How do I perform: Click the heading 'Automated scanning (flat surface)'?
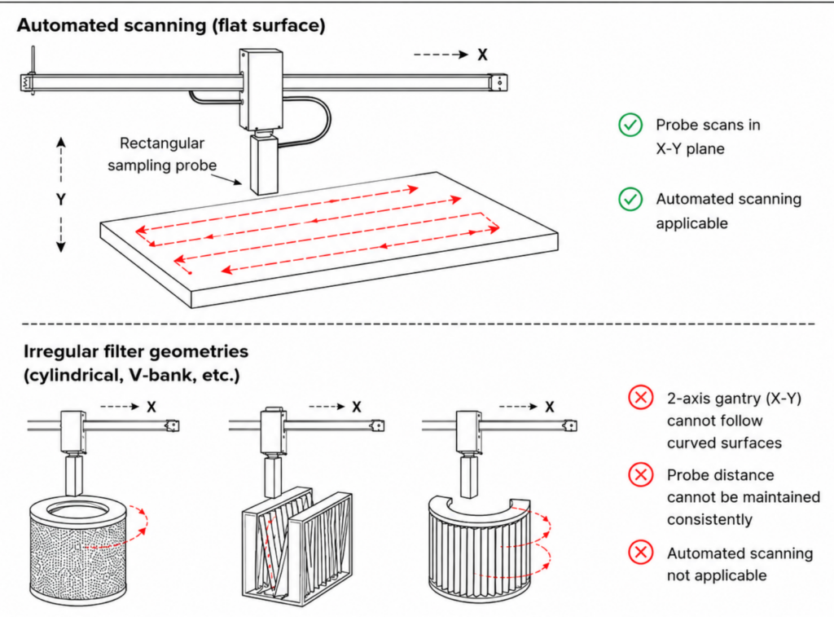pos(171,25)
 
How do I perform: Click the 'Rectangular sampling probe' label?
pos(162,154)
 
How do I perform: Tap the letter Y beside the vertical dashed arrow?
pos(60,200)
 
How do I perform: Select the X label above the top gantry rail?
pos(482,55)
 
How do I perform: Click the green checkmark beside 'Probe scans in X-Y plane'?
pos(630,125)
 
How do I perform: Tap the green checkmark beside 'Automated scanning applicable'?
pos(630,199)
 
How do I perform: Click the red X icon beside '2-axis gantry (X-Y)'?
pos(641,398)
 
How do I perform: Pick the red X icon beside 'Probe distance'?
pos(641,474)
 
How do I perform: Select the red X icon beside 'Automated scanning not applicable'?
pos(641,553)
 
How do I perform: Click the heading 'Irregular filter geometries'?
pos(136,351)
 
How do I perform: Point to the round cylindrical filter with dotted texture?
pos(78,548)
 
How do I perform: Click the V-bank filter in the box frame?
pos(296,546)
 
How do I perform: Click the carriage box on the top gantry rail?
pos(261,90)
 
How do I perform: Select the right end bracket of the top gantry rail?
pos(498,82)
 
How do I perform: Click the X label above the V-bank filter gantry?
pos(357,408)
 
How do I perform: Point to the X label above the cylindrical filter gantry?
pos(151,408)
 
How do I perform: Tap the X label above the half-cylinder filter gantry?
pos(550,408)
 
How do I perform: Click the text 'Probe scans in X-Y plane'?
pos(708,136)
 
